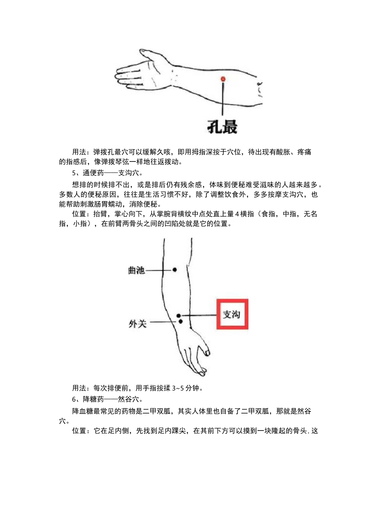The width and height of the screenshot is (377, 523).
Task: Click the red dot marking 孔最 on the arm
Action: coord(223,79)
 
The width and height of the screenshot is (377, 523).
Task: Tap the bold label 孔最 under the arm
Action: coord(222,127)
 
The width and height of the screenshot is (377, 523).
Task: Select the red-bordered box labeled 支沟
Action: coord(232,314)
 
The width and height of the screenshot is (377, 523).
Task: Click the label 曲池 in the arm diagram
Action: coord(136,270)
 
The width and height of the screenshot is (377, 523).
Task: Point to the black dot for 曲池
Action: coord(175,270)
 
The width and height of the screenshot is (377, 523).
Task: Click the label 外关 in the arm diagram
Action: coord(137,324)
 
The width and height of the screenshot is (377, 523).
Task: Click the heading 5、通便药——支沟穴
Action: coord(108,173)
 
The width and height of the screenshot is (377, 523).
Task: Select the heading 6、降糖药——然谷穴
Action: coord(108,399)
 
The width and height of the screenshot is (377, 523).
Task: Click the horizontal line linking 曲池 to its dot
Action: coord(159,270)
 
